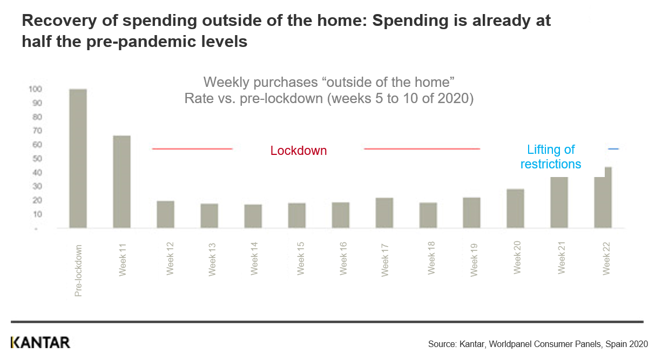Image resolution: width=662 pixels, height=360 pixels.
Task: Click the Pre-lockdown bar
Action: pyautogui.click(x=78, y=158)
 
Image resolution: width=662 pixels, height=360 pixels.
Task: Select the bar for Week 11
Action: pyautogui.click(x=122, y=182)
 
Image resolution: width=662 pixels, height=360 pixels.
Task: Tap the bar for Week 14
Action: pyautogui.click(x=253, y=216)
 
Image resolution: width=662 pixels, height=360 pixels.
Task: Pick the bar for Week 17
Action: pyautogui.click(x=384, y=213)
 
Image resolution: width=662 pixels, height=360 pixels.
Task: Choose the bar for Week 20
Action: pyautogui.click(x=516, y=208)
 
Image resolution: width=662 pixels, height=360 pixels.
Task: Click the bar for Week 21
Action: pyautogui.click(x=559, y=202)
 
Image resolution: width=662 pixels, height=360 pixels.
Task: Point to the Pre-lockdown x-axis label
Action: pyautogui.click(x=79, y=271)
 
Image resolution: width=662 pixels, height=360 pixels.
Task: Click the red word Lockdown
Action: pyautogui.click(x=299, y=151)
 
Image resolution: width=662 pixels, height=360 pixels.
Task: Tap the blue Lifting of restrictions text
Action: pyautogui.click(x=551, y=157)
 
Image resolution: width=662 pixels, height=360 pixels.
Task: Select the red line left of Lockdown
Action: pyautogui.click(x=192, y=149)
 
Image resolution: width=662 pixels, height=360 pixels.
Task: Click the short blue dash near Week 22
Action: pyautogui.click(x=613, y=149)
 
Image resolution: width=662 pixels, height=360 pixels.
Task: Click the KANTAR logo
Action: pyautogui.click(x=40, y=342)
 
